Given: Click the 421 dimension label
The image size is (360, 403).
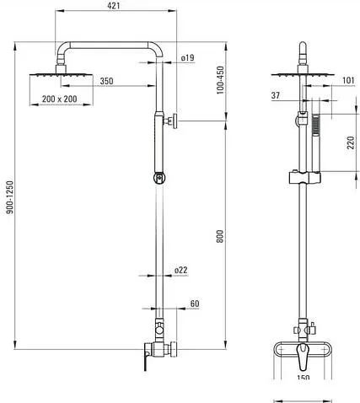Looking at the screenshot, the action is tap(114, 5).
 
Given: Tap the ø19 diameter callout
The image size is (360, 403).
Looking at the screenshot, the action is tap(188, 58).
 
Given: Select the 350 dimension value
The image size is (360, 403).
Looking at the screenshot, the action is tap(106, 81).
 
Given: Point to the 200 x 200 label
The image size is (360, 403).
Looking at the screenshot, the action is tap(59, 99).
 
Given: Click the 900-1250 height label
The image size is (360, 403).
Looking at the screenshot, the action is tap(10, 197).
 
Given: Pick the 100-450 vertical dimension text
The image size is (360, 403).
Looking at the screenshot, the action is tap(221, 80).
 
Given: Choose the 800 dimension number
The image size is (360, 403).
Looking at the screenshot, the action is tap(220, 236).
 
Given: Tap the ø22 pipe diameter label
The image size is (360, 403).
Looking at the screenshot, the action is tap(180, 270).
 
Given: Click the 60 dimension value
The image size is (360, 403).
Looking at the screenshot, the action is tap(195, 304).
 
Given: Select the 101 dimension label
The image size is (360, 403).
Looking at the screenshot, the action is tap(348, 80).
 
